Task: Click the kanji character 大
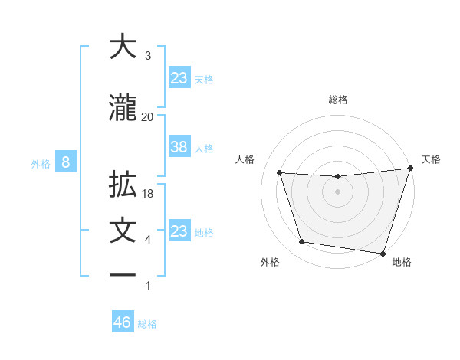(123, 47)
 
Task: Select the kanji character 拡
(123, 185)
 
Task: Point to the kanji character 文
(123, 231)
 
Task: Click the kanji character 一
(123, 274)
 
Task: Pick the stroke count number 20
(147, 116)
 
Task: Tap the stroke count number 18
(149, 194)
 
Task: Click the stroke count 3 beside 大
(148, 56)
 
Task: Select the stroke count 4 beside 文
(148, 241)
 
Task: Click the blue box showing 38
(179, 148)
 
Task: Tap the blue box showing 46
(123, 322)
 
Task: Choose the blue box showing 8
(66, 162)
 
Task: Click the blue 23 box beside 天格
(179, 78)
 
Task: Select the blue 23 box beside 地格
(179, 231)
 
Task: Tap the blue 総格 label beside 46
(147, 324)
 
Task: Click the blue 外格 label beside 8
(40, 163)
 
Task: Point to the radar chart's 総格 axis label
(338, 100)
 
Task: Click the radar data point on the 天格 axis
(410, 169)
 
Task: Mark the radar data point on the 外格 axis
(302, 242)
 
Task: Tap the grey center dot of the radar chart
(338, 191)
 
